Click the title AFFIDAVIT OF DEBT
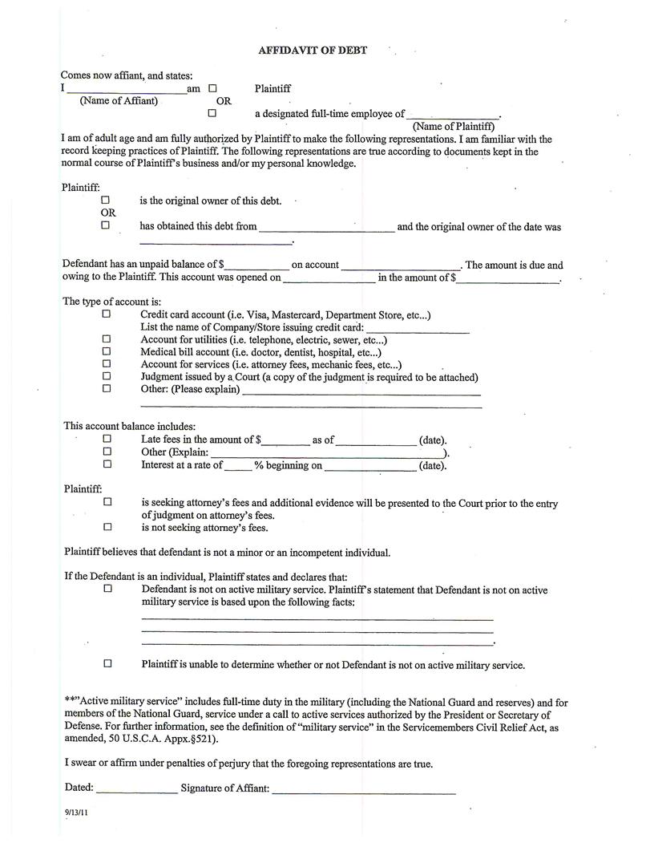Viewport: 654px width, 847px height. coord(313,50)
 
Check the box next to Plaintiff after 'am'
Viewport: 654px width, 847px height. coord(212,89)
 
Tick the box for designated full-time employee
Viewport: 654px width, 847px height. coord(212,113)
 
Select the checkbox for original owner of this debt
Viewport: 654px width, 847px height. coord(105,201)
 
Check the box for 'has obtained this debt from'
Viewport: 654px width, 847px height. coord(105,225)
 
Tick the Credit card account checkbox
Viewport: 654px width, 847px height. coord(106,315)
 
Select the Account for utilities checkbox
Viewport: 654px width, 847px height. coord(106,339)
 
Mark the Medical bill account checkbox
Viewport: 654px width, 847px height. coord(106,351)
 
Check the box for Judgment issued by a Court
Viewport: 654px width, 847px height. coord(106,376)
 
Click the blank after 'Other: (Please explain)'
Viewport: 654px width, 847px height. coord(361,392)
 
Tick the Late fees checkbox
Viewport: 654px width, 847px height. coord(107,439)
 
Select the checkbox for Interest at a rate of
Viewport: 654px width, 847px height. coord(107,464)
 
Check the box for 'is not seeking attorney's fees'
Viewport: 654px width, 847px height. coord(107,527)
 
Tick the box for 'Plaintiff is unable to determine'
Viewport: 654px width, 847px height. coord(107,663)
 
